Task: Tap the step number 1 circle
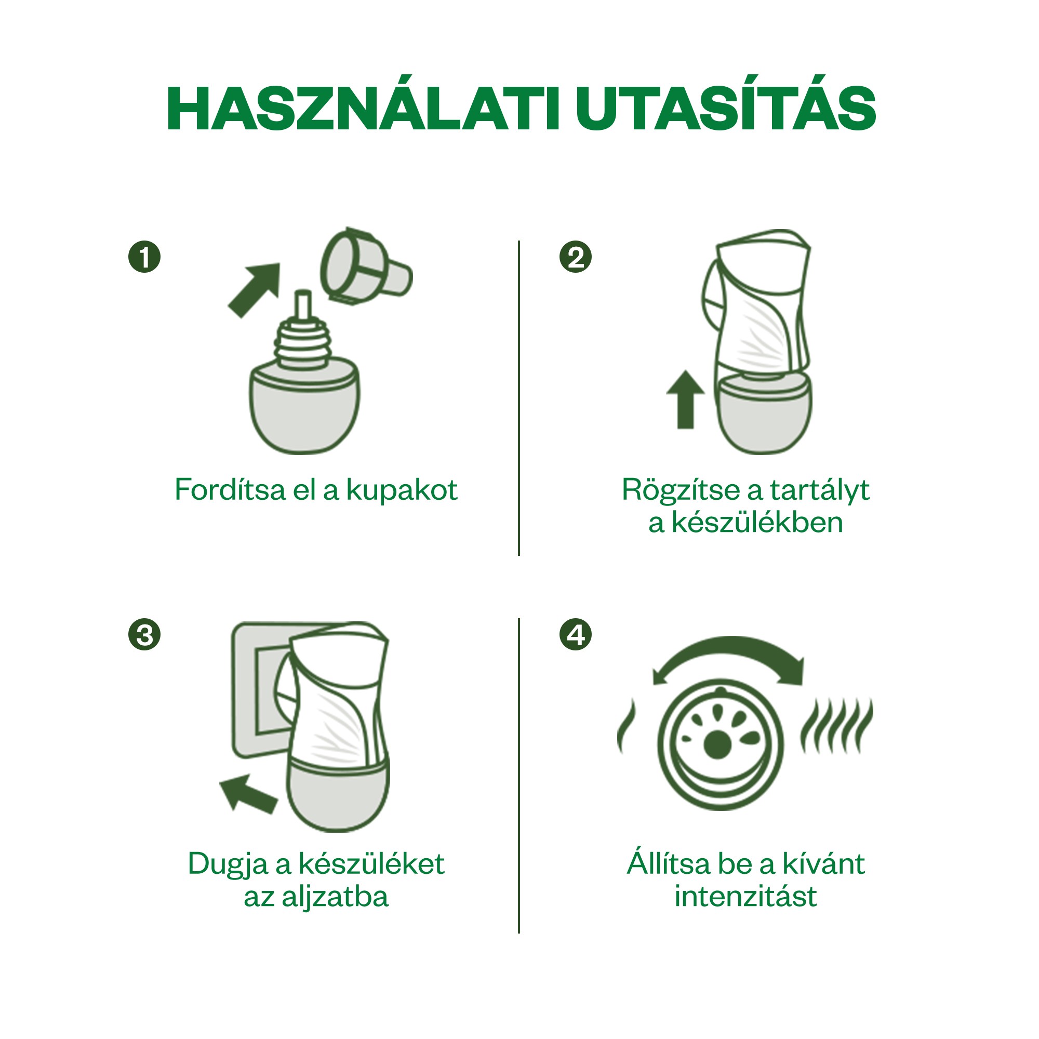144,257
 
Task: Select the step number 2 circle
576,257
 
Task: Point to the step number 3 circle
144,635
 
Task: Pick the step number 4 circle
576,635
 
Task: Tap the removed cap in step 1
366,267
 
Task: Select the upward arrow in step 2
685,399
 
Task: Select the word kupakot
401,490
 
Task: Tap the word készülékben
757,523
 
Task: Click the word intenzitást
745,897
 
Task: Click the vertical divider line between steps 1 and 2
519,398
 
